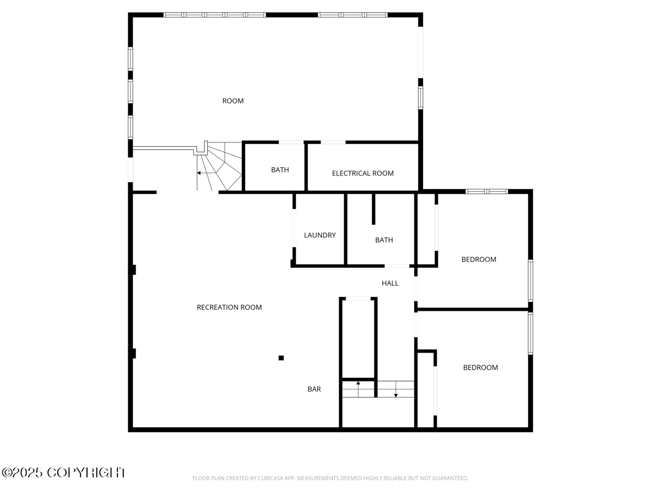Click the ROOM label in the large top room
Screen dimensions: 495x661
[x=232, y=101]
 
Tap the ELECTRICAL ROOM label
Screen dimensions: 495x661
[x=362, y=173]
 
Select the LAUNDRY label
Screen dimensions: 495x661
[x=319, y=235]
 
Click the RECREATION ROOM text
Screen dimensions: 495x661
[x=229, y=307]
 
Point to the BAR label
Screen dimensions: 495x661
[x=314, y=389]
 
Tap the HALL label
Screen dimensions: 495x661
[x=390, y=283]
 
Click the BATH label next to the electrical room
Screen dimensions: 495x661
[x=280, y=170]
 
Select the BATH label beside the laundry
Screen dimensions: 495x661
[x=384, y=240]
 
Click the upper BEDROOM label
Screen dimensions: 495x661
[x=479, y=259]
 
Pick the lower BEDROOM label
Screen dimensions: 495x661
[x=480, y=367]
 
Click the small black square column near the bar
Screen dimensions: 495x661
[x=281, y=358]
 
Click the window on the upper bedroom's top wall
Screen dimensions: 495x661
[x=486, y=191]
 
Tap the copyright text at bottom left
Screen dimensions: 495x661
[x=63, y=472]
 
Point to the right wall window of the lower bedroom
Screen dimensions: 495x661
[x=530, y=333]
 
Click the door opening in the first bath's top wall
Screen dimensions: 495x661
[x=291, y=142]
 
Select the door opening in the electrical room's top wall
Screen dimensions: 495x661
[x=333, y=142]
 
